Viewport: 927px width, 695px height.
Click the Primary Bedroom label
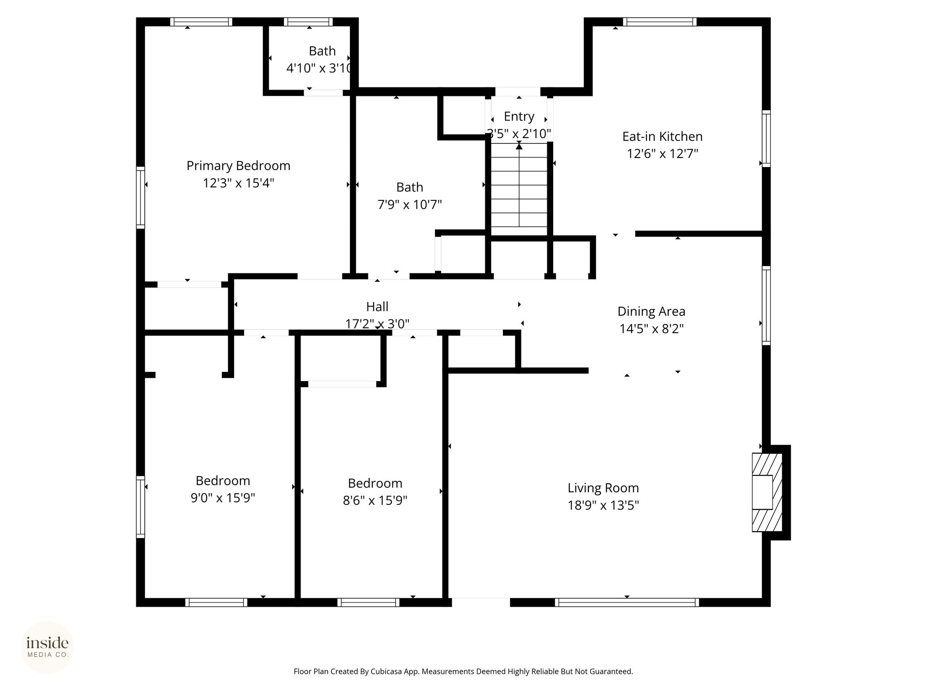tap(239, 166)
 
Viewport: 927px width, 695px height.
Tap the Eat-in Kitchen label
tap(662, 136)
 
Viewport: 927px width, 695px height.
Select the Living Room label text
tap(603, 488)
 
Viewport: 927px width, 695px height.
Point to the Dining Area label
tap(651, 311)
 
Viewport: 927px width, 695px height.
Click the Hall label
tap(377, 307)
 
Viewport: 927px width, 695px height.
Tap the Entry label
tap(519, 117)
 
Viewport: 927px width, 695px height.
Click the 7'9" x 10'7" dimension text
tap(410, 205)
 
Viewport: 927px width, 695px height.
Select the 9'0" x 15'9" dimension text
tap(223, 498)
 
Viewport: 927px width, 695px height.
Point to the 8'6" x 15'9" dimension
tap(375, 500)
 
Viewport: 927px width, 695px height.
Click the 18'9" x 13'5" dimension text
tap(603, 505)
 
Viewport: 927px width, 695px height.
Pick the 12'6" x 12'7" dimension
tap(662, 154)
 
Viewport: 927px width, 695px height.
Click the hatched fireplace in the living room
tap(767, 492)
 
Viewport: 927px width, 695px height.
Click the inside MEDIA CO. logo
tap(48, 647)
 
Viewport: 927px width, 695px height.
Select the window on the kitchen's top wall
tap(659, 22)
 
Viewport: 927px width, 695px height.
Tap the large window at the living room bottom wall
tap(627, 602)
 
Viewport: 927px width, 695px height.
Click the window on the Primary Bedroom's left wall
tap(141, 197)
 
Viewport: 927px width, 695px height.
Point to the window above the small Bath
tap(308, 22)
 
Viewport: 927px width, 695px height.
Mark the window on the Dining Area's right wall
tap(766, 305)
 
